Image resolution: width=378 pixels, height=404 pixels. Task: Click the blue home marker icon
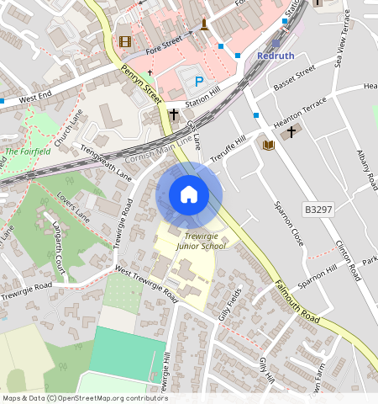pyautogui.click(x=189, y=195)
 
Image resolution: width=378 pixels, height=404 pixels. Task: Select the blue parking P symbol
pyautogui.click(x=199, y=82)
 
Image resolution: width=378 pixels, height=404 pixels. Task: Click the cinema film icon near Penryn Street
pyautogui.click(x=125, y=41)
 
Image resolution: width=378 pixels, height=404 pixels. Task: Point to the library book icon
pyautogui.click(x=269, y=146)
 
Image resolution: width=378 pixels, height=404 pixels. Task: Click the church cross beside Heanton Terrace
pyautogui.click(x=291, y=132)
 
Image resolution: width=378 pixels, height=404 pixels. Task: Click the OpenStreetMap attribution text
pyautogui.click(x=85, y=398)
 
